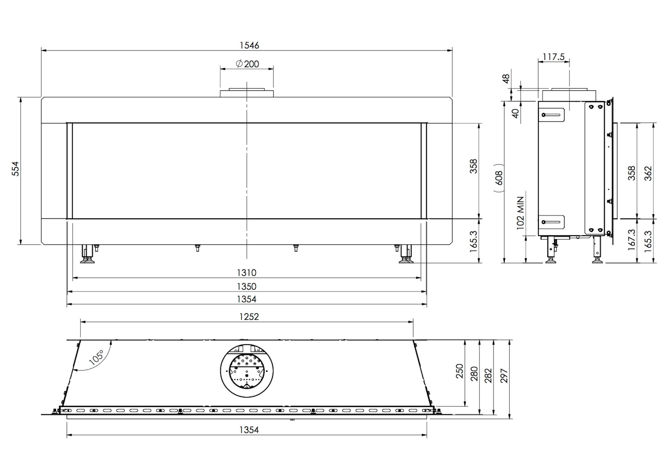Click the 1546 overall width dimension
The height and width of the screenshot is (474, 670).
[249, 45]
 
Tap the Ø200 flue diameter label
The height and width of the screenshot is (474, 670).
[247, 64]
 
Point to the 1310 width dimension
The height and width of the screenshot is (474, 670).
[247, 273]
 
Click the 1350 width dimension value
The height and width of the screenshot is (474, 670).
[247, 286]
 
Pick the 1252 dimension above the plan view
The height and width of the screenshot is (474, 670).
[249, 317]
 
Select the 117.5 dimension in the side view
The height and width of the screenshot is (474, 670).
[554, 57]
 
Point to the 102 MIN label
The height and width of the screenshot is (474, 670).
[520, 213]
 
